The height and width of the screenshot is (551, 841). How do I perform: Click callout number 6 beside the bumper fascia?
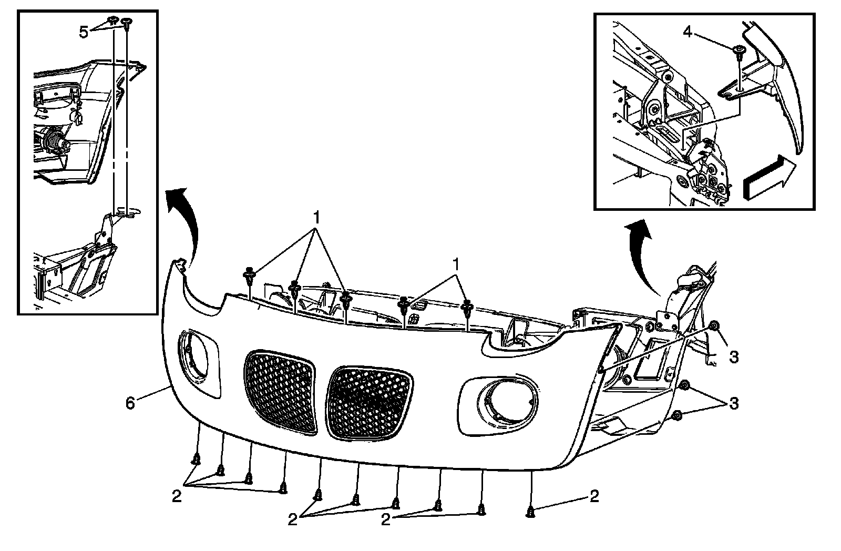tap(130, 403)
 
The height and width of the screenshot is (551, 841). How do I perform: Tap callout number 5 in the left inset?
tap(84, 32)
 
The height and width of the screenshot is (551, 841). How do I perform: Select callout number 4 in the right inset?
tap(687, 32)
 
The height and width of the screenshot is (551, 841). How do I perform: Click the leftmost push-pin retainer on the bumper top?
tap(249, 274)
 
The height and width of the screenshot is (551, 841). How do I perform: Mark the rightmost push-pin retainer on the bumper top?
tap(467, 306)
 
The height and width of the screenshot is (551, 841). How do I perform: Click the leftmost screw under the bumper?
tap(196, 460)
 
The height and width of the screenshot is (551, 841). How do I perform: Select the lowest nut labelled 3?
tap(678, 416)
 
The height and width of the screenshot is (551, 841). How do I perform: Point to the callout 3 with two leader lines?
tap(734, 404)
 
